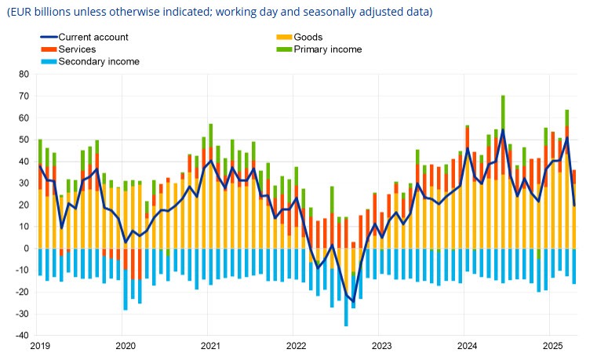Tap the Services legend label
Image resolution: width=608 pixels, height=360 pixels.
point(77,49)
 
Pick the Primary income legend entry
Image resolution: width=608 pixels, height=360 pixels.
point(328,49)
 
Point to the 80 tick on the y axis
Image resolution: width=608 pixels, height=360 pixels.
point(23,75)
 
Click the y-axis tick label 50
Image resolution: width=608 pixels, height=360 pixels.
point(23,140)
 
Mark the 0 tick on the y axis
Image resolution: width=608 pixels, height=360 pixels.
point(26,249)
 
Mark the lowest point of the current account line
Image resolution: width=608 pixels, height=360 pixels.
point(353,301)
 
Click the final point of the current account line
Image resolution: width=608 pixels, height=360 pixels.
point(574,205)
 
